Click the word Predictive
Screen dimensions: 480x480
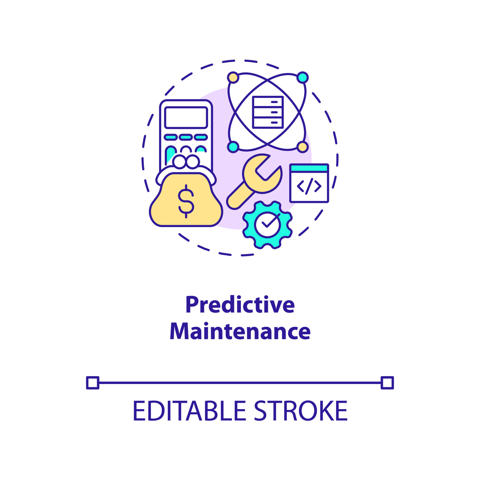coord(240,304)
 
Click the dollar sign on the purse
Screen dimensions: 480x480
coord(186,201)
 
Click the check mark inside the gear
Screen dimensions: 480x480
coord(271,221)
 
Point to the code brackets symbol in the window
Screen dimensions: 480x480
coord(309,186)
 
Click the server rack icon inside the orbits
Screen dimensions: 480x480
coord(268,112)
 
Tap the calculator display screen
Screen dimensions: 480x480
coord(186,117)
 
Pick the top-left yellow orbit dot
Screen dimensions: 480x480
coord(233,77)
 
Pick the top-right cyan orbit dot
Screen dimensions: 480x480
coord(302,77)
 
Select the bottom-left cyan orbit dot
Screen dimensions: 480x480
coord(233,147)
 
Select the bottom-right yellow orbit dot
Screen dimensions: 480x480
coord(302,147)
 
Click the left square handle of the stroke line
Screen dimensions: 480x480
coord(93,383)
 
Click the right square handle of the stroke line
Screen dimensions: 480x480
coord(387,383)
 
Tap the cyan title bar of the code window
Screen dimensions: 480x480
coord(309,168)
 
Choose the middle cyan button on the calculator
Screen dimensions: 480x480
coord(186,137)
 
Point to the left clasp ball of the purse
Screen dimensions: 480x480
coord(179,161)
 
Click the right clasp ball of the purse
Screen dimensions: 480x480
coord(193,161)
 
